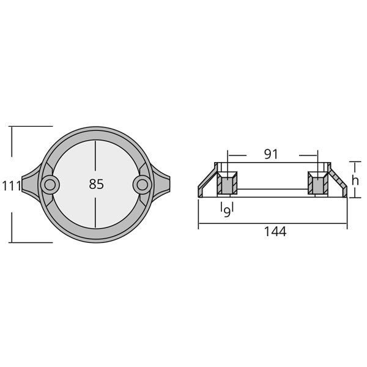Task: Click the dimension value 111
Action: point(11,185)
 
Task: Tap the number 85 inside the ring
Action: point(96,184)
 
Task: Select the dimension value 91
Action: point(271,154)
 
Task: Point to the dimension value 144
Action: point(274,232)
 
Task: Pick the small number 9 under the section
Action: point(226,211)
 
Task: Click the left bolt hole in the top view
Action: point(50,183)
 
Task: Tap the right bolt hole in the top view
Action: point(142,183)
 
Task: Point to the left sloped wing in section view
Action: point(207,183)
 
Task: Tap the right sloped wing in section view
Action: point(337,183)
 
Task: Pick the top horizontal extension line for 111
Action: point(31,126)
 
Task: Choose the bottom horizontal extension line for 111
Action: point(31,242)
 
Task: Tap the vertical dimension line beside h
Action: point(350,179)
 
